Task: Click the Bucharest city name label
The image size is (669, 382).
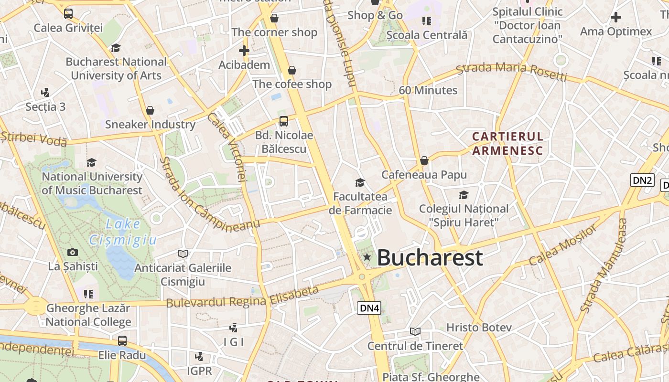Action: (430, 258)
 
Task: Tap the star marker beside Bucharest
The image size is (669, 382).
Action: (367, 257)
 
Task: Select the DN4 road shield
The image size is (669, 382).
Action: (369, 308)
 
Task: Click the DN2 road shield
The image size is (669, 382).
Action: (642, 180)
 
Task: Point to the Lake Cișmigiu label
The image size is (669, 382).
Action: (123, 232)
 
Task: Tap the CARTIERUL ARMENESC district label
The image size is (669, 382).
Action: (507, 144)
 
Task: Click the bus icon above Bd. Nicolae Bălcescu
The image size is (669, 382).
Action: (284, 121)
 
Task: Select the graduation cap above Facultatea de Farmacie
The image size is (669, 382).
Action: (360, 182)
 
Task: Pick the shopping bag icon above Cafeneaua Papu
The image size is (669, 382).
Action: (424, 160)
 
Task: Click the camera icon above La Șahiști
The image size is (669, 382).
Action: (73, 252)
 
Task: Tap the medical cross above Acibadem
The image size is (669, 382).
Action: (244, 50)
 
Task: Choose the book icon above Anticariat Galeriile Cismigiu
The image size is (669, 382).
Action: (183, 254)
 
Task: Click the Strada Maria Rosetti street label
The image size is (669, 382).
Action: (511, 72)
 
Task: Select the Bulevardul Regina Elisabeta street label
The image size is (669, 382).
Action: (242, 297)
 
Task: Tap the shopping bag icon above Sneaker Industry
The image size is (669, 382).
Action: (150, 110)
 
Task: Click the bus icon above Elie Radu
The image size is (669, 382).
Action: (122, 341)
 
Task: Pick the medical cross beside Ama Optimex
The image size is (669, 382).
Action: (616, 18)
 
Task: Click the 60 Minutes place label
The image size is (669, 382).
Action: (428, 90)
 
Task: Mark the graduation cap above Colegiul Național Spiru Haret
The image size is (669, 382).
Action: (464, 195)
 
